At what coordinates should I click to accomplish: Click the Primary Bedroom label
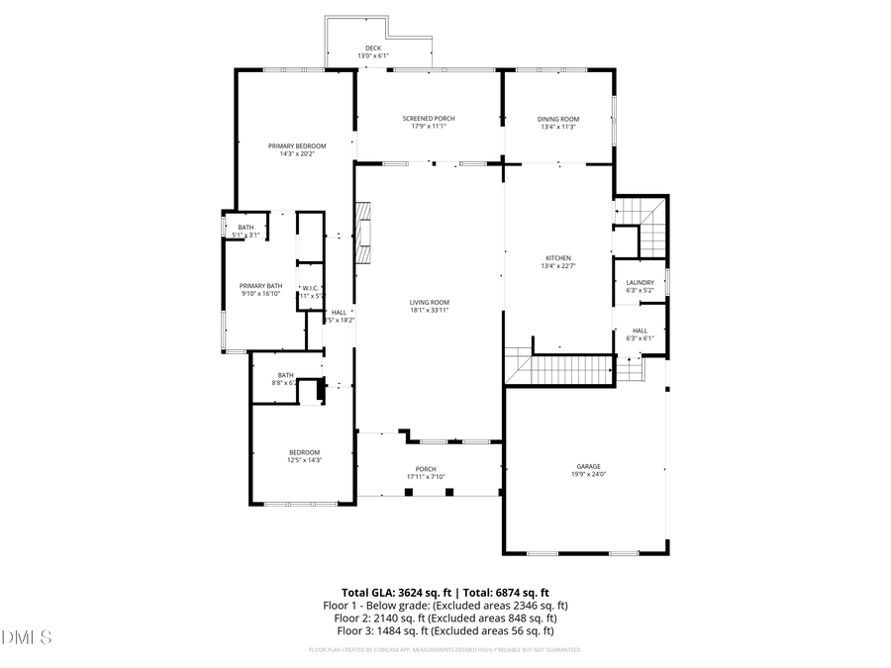(297, 145)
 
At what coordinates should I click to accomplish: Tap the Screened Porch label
(429, 119)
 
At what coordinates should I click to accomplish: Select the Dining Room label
(558, 119)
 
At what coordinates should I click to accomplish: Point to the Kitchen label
(558, 258)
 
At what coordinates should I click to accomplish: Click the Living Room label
(430, 303)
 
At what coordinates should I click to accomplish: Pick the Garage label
(589, 466)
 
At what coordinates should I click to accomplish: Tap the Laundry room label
(640, 282)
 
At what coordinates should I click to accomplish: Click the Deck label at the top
(373, 48)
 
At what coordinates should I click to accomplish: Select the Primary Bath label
(261, 286)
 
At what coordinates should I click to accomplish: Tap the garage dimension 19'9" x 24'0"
(589, 474)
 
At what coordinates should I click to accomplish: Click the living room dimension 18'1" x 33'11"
(430, 310)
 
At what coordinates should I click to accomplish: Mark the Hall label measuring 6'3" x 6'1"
(640, 331)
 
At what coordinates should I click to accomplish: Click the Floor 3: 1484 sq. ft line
(445, 630)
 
